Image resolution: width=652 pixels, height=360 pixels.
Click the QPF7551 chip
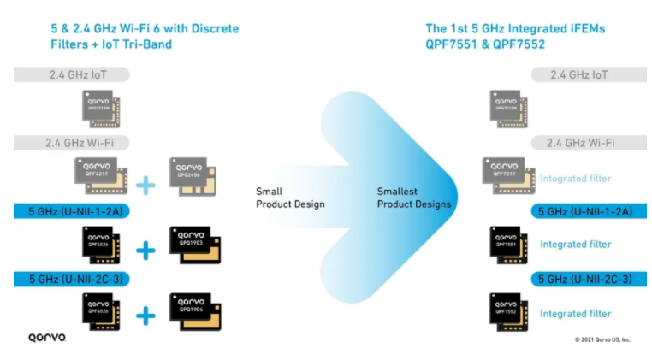coord(507,244)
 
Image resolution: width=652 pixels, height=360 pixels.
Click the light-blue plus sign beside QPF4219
coord(145,182)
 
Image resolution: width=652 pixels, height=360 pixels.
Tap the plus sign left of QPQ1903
coord(146,250)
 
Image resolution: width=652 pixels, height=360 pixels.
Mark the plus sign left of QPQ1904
coord(146,316)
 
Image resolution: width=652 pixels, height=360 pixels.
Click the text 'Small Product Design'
coord(290,198)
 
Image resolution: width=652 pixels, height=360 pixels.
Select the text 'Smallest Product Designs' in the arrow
coord(413,198)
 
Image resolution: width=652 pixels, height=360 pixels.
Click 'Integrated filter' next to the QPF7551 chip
coord(575,245)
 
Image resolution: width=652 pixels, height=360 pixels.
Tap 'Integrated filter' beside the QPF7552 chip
coord(575,314)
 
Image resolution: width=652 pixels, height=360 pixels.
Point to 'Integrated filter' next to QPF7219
coord(575,179)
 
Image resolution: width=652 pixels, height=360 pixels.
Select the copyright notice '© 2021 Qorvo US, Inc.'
coord(602,339)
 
